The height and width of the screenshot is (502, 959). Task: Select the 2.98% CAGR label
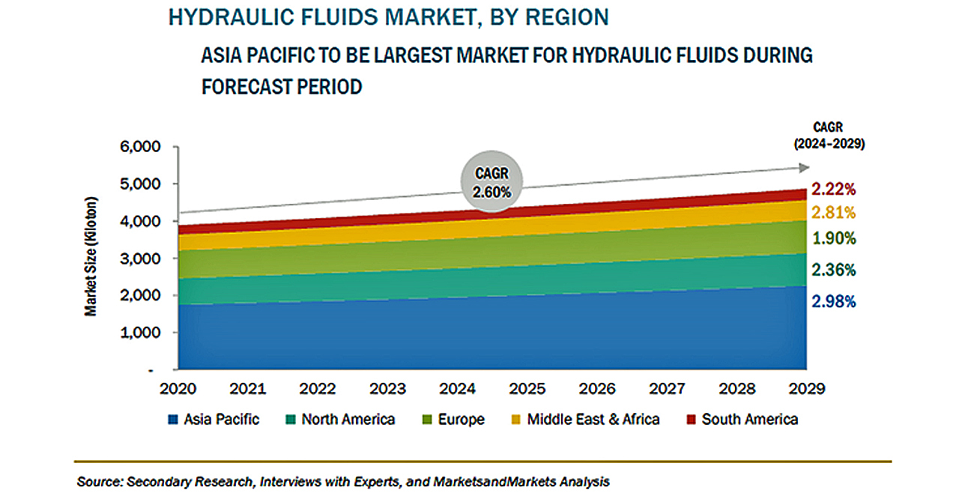[832, 302]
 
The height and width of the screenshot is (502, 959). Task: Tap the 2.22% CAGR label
[832, 190]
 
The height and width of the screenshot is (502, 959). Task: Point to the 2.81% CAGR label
[832, 213]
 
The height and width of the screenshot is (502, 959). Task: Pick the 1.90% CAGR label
[832, 239]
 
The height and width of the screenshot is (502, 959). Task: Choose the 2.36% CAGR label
[832, 270]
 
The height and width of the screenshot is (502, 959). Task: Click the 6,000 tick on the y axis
[142, 148]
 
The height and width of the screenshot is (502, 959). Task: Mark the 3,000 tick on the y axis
[142, 258]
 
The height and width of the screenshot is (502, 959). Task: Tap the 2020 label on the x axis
[178, 390]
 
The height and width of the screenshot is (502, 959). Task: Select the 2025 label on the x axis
[527, 390]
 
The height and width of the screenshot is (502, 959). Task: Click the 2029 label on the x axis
[806, 390]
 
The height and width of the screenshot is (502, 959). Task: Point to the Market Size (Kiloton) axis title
[91, 256]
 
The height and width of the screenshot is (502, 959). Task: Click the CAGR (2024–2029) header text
[830, 136]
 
